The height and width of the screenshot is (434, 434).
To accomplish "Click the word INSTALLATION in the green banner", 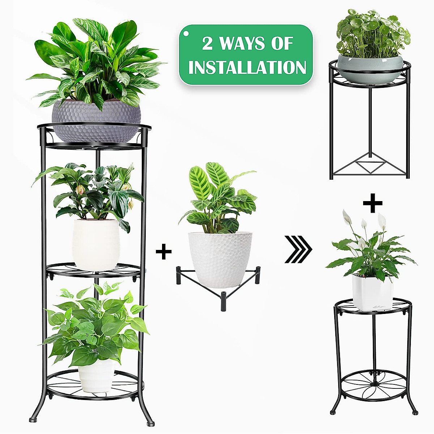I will (247, 68).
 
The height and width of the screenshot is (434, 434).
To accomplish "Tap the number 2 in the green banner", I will (207, 44).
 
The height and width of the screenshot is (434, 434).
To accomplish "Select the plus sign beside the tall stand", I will (163, 252).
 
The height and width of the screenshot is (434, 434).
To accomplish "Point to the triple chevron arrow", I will (298, 250).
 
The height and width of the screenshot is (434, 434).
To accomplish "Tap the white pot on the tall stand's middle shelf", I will (96, 244).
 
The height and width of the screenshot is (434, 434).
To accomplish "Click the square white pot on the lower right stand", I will (372, 292).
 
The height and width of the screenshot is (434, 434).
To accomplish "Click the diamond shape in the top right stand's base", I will (370, 166).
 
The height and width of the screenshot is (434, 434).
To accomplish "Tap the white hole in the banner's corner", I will (186, 33).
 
